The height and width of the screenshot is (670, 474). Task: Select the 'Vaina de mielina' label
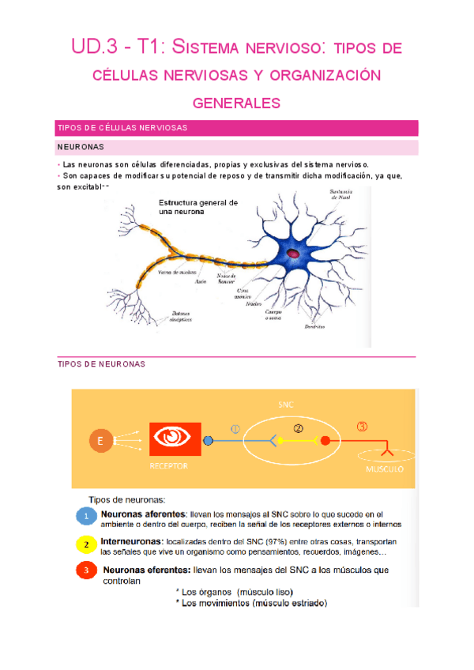pos(176,273)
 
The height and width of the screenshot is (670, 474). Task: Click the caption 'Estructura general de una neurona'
pos(197,208)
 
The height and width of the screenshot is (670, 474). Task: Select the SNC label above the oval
pos(286,404)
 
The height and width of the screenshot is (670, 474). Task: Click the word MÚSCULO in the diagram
pos(385,469)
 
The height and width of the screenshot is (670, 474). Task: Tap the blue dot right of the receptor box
pos(209,441)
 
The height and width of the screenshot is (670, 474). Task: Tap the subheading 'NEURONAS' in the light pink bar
pos(80,147)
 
